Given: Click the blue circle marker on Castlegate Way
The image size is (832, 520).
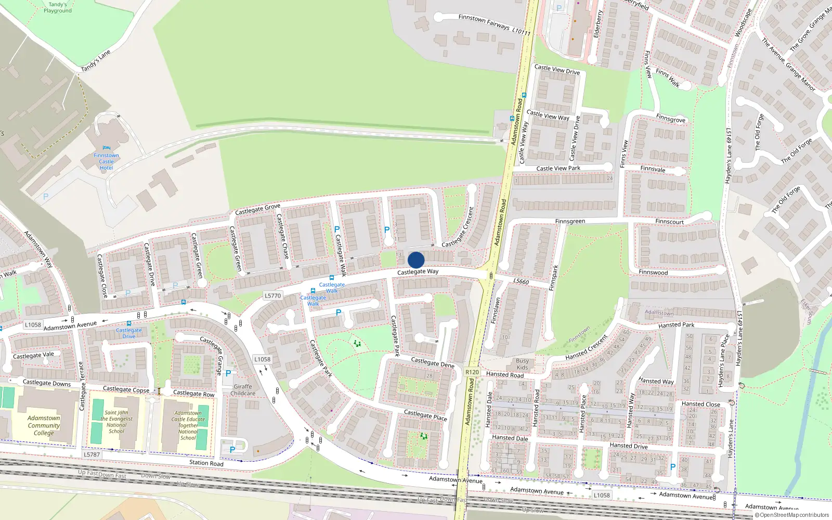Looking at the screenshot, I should (x=416, y=260).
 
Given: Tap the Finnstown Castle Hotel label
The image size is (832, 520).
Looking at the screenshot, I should (x=106, y=161).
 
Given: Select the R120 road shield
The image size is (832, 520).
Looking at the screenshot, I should (x=472, y=372).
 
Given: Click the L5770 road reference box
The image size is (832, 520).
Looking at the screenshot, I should (x=272, y=295).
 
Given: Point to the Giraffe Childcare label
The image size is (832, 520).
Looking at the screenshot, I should (x=243, y=390).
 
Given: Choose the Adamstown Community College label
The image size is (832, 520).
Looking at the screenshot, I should (x=44, y=425).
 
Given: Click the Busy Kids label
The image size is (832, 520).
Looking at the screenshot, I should (x=522, y=364).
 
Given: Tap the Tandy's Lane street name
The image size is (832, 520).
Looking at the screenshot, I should (x=96, y=61).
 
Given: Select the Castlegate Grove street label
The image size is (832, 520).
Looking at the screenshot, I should (x=257, y=209).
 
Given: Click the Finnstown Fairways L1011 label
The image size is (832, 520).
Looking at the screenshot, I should (x=494, y=24).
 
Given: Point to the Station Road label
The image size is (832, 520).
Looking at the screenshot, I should (x=206, y=463).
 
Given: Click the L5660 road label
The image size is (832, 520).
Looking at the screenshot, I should (x=521, y=281).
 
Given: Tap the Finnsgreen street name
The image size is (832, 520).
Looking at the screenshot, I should (x=570, y=221).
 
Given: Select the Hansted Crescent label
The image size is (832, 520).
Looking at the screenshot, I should (x=587, y=348).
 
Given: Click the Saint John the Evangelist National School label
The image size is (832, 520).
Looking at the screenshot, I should (x=116, y=422).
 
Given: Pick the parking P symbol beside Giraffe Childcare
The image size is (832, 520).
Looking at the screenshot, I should (x=228, y=373).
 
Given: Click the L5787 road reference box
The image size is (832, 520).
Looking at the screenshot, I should (x=92, y=454).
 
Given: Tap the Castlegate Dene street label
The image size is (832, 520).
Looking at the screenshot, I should (x=432, y=362).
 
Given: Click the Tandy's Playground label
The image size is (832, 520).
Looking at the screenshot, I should (x=58, y=7).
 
